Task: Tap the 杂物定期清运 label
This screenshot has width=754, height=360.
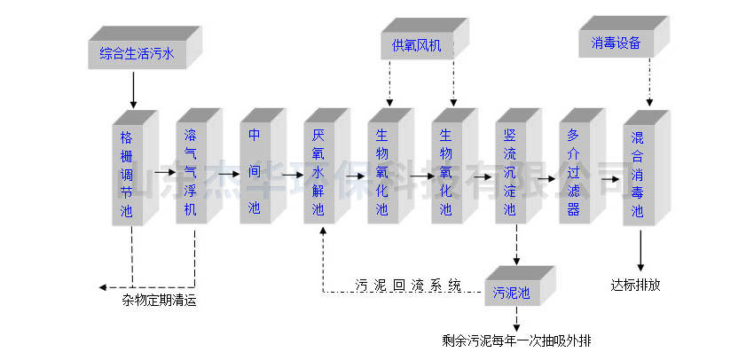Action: (x=159, y=301)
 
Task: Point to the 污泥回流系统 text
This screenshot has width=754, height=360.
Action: (x=408, y=286)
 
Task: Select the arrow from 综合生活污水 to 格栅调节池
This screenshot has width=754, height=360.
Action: (x=134, y=89)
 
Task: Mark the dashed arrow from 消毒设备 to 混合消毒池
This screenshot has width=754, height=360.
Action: (x=650, y=83)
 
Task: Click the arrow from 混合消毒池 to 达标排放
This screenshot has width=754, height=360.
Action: (x=640, y=253)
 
